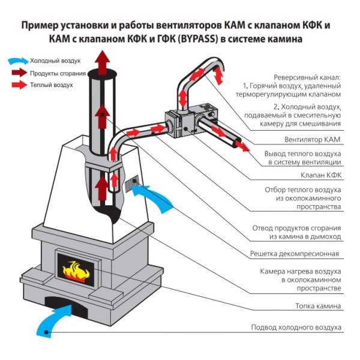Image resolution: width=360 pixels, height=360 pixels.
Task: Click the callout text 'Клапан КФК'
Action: coord(320,176)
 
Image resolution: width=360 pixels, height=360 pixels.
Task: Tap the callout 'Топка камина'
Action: coord(318,306)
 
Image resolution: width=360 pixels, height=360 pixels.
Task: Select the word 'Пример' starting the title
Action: coord(39,26)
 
